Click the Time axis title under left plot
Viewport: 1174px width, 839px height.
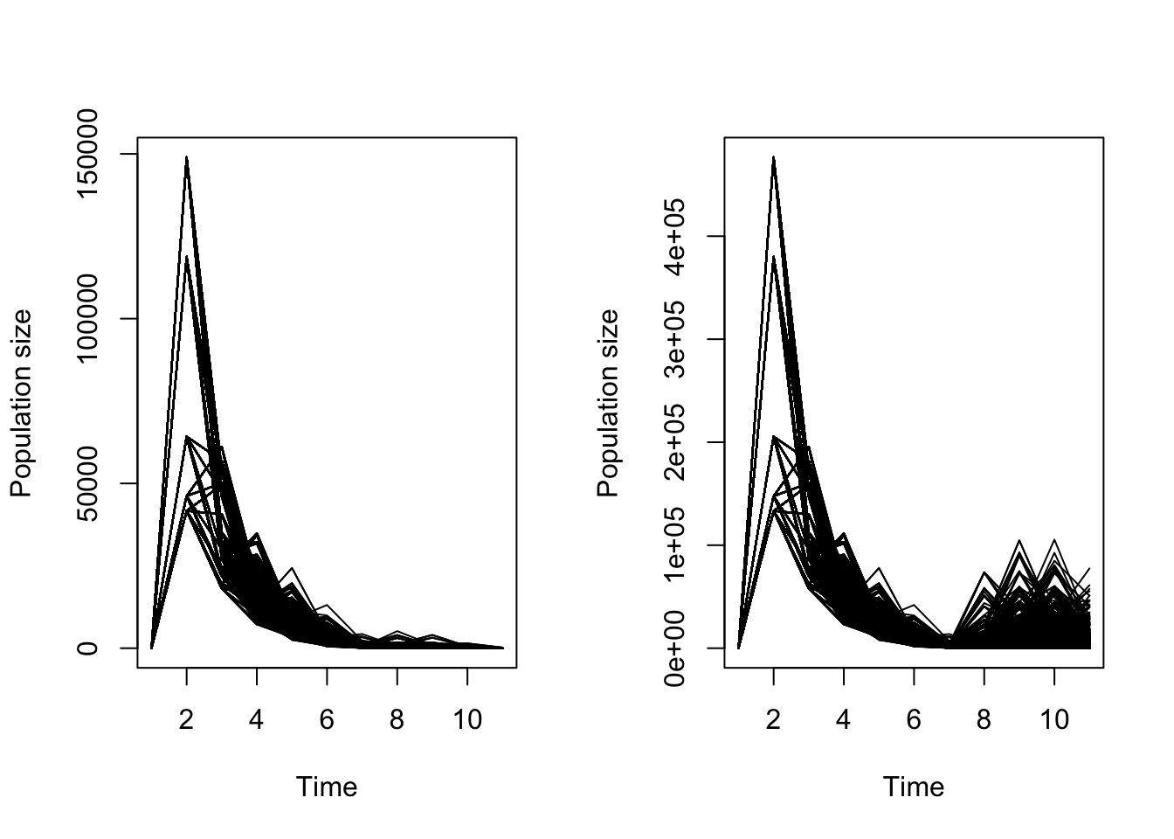coord(327,787)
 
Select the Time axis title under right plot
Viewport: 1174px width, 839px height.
coord(914,787)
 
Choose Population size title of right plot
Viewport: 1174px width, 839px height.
coord(608,403)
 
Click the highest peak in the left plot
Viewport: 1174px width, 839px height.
coord(186,158)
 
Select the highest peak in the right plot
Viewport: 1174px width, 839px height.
coord(773,158)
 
